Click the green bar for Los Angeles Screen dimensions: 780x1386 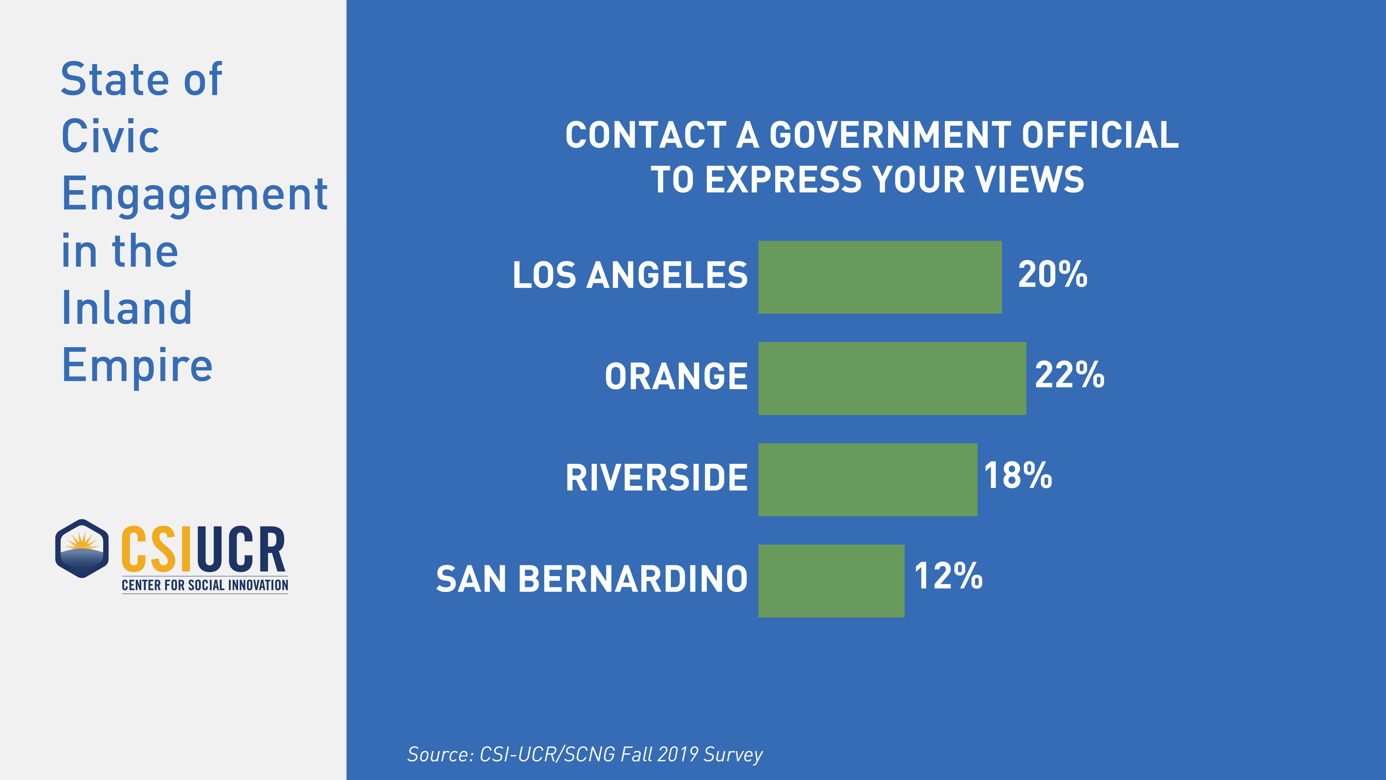(x=880, y=277)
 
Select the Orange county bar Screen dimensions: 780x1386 (x=892, y=378)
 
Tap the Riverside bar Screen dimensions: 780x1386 (x=867, y=480)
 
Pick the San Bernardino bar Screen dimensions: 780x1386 (x=831, y=581)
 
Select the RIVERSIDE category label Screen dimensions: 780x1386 (x=657, y=478)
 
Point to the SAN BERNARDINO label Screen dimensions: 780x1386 (x=592, y=579)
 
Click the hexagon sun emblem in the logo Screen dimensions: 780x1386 (x=82, y=548)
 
